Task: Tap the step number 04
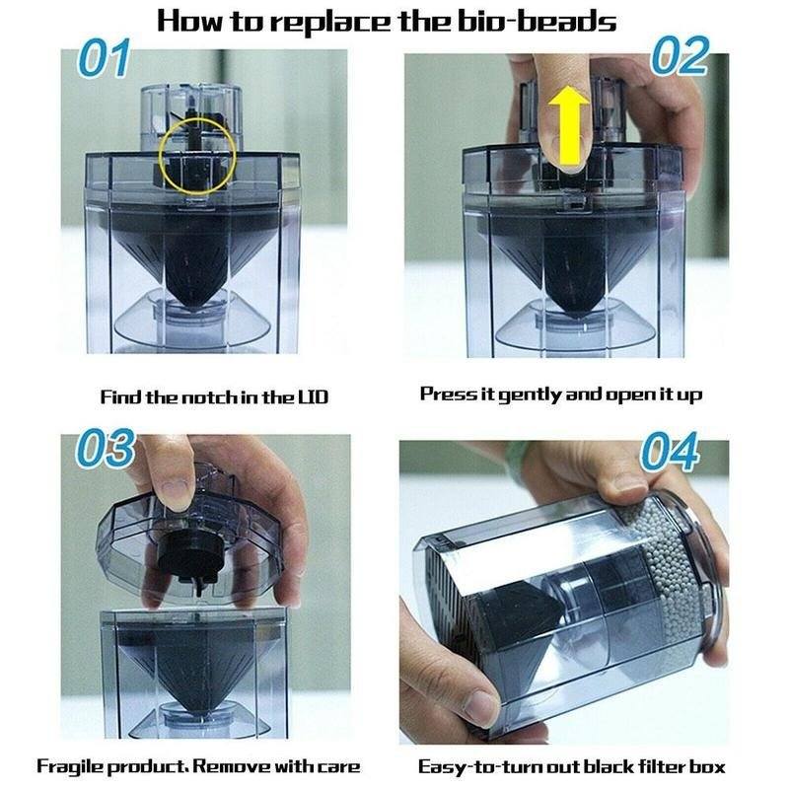(x=670, y=454)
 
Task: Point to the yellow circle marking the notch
(x=197, y=153)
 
